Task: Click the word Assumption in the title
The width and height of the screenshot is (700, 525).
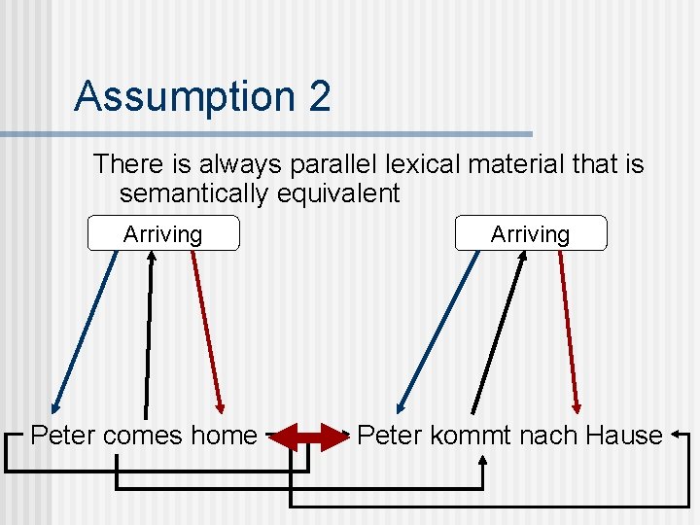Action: click(180, 96)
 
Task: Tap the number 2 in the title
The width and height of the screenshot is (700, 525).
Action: click(318, 96)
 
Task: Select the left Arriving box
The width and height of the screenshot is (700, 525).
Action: click(162, 234)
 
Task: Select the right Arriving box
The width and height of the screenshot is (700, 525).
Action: click(530, 234)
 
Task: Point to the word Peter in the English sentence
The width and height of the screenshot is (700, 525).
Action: click(63, 436)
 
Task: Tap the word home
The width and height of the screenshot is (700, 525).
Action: click(224, 436)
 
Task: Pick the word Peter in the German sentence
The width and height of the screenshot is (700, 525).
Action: click(390, 436)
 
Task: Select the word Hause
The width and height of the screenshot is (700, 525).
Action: click(624, 436)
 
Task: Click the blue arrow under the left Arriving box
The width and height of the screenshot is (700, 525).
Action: click(85, 331)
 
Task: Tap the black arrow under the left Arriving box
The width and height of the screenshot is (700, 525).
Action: click(149, 331)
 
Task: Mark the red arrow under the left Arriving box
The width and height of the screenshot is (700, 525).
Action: click(207, 331)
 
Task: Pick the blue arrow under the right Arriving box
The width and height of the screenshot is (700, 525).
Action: click(437, 331)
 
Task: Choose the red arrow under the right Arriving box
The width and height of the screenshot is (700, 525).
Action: click(569, 331)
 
